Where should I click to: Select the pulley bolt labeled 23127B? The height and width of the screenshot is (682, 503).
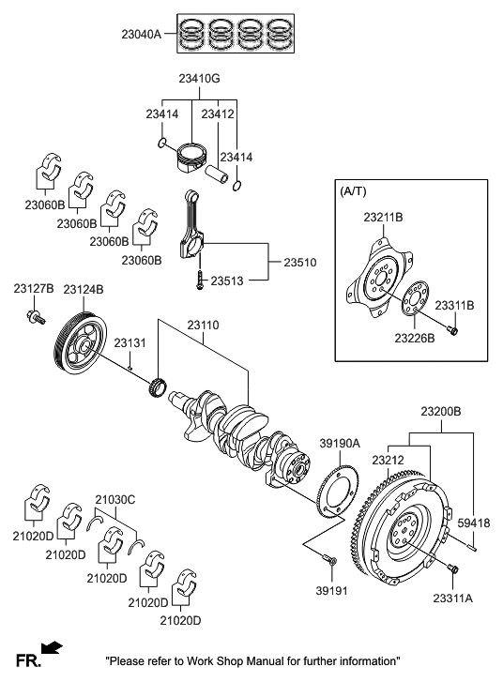(x=35, y=319)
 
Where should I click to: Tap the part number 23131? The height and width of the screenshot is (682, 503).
(x=130, y=344)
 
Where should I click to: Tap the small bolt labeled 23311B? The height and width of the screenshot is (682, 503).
(x=452, y=330)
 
